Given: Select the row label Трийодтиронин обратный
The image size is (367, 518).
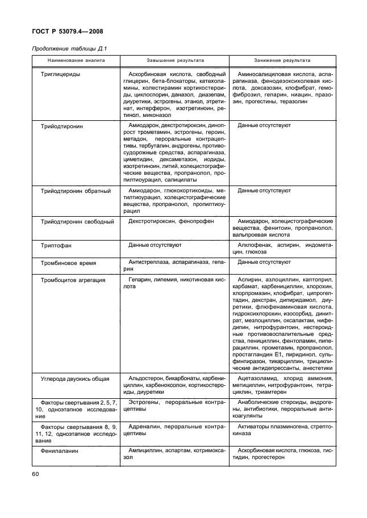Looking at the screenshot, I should coord(76,191).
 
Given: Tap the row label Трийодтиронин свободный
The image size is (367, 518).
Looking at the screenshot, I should coord(77,221).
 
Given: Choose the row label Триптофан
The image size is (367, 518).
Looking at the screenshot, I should coord(57,246).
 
